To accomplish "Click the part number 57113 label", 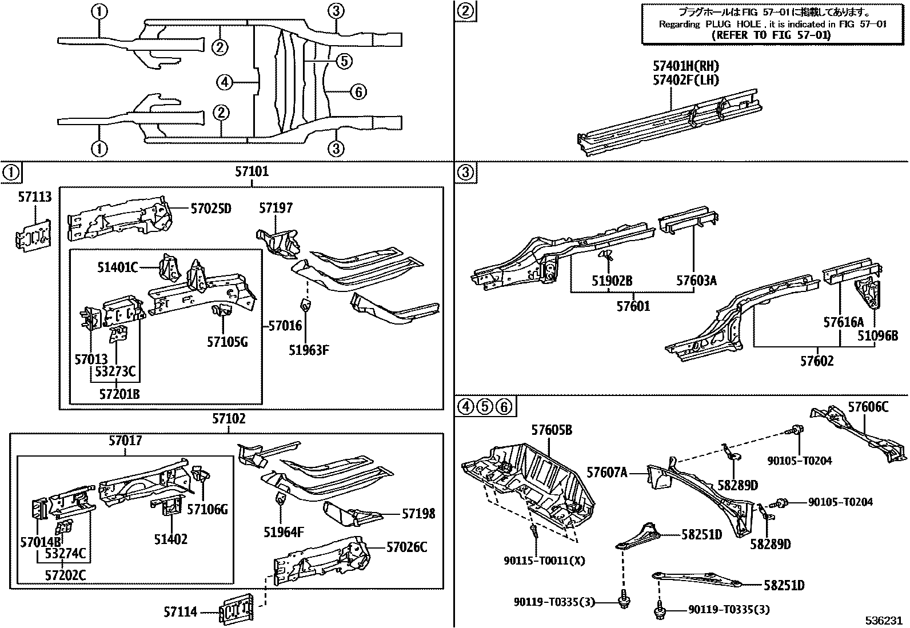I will (34, 197).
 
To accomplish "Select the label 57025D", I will (210, 209).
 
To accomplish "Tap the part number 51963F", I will (309, 350).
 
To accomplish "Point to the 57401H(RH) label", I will (686, 66).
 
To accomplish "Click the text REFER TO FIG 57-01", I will (772, 35).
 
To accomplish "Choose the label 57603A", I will (696, 281).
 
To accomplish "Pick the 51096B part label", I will (877, 336).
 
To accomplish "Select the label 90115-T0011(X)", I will (544, 561).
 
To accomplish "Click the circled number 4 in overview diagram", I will (225, 83).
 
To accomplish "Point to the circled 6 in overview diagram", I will (358, 91).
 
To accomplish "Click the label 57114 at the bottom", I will (180, 612).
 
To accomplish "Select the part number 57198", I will (418, 514).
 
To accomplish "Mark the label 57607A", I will (607, 473).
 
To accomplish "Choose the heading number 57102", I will (229, 419).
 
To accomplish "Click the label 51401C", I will (118, 267).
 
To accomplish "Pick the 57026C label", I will (406, 547).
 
